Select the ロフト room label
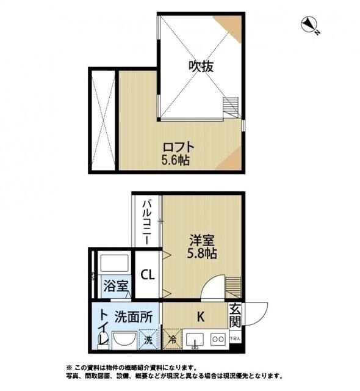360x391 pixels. point(178,147)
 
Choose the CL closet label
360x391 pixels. point(148,274)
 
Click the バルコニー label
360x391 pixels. point(148,221)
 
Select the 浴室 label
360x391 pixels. point(115,286)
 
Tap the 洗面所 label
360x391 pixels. point(134,317)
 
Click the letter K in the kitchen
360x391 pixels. point(200,317)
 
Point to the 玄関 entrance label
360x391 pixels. point(236,317)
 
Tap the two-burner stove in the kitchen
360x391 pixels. point(217,338)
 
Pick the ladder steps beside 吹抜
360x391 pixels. point(233,106)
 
